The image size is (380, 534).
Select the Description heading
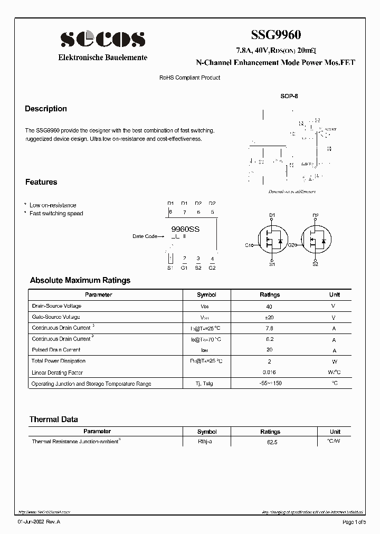pos(46,109)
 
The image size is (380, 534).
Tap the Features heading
pos(41,182)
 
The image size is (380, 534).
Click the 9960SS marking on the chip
pos(186,229)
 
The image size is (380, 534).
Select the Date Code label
pos(145,236)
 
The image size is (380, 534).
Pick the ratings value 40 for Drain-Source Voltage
pos(270,307)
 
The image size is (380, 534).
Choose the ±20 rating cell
pos(270,318)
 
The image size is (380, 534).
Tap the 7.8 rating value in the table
pos(270,328)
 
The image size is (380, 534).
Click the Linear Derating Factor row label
pos(58,373)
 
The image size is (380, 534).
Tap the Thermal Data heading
pos(53,419)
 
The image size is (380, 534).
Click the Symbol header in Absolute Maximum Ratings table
pos(206,295)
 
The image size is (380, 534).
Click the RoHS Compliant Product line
pos(189,78)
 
